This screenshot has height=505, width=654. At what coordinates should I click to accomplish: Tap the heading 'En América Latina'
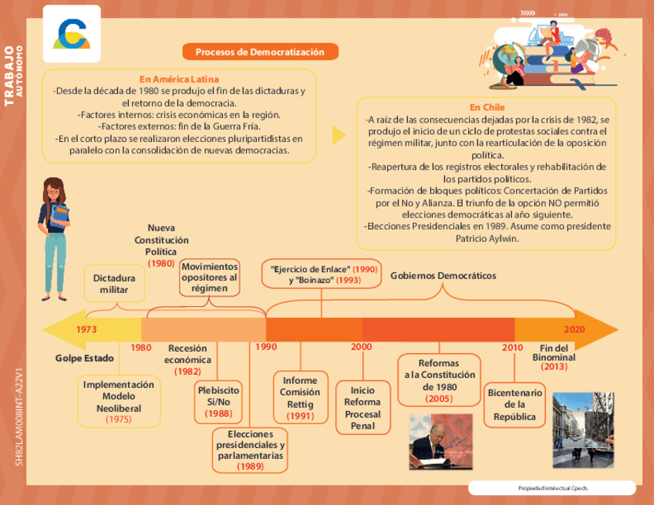click(179, 79)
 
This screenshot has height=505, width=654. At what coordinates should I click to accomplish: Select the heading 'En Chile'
click(487, 107)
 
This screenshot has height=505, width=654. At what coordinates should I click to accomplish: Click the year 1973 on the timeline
click(87, 328)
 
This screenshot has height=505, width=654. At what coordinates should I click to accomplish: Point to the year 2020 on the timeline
click(574, 328)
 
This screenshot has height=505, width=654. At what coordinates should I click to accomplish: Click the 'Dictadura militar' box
click(114, 284)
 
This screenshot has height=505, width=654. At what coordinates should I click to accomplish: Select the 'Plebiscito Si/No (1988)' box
click(218, 402)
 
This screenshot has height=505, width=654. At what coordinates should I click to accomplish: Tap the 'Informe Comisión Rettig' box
click(300, 398)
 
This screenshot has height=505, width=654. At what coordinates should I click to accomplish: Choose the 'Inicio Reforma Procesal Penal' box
click(362, 408)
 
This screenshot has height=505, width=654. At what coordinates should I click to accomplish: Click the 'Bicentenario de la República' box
click(514, 405)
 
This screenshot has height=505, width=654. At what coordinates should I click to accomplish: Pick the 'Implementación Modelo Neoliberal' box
click(119, 402)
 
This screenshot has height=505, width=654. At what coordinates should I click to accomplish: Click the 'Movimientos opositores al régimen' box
click(210, 278)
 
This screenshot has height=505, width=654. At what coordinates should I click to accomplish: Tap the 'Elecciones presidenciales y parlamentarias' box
click(250, 450)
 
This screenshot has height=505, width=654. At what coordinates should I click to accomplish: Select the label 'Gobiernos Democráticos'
click(443, 275)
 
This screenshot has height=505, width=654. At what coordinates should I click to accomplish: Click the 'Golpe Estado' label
click(85, 359)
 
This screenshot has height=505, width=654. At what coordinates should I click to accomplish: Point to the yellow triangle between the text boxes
click(338, 136)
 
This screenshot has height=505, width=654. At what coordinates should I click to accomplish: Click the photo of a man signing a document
click(440, 442)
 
